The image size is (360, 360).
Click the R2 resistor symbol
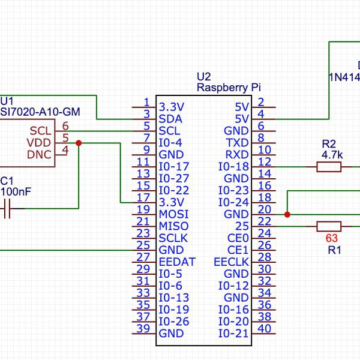pos(329,167)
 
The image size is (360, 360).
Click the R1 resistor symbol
pos(329,226)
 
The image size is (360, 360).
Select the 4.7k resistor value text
pos(332,155)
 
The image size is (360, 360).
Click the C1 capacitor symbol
pos(8,209)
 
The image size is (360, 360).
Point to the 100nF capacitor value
pos(16,192)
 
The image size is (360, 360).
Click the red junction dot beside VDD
pos(79,143)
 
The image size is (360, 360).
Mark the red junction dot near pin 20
pos(287,214)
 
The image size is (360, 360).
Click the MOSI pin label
pos(173,214)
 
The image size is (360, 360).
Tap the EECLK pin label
pos(231,262)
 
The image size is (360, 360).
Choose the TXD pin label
pos(237,143)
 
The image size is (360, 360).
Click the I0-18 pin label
pos(233,167)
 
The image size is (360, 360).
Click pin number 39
pos(143,328)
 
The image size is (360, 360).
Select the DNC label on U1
pos(40,155)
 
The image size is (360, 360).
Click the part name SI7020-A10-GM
pos(40,112)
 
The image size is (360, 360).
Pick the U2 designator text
pos(204,77)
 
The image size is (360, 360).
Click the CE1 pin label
pos(238,250)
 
